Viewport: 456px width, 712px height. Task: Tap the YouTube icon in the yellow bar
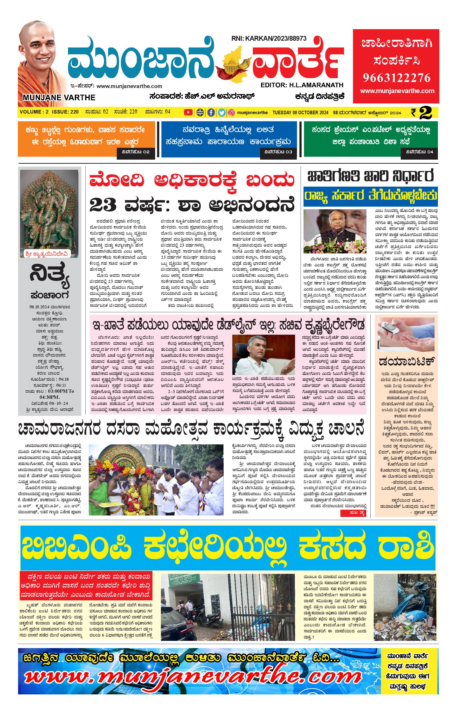188,112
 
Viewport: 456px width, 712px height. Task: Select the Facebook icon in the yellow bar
211,112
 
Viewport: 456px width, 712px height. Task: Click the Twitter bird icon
221,112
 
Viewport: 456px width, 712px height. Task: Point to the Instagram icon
232,112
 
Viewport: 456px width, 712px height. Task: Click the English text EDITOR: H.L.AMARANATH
302,85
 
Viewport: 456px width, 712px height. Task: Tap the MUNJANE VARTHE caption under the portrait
59,97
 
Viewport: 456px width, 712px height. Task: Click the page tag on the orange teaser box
135,152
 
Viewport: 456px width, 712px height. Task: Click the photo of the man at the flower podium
335,231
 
